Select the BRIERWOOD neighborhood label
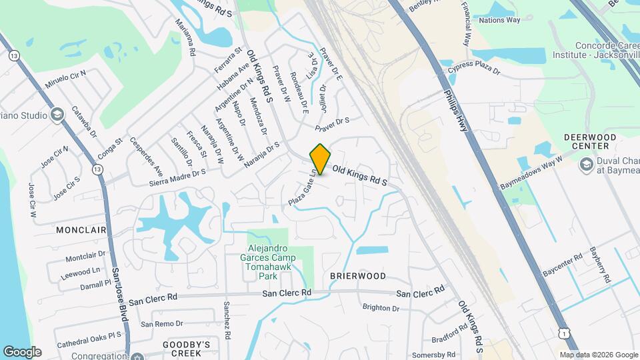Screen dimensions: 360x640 [358, 275]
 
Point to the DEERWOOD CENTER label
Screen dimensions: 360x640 [588, 141]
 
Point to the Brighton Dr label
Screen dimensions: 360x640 [381, 308]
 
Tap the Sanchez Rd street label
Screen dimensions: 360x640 [227, 319]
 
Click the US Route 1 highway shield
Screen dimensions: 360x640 [566, 333]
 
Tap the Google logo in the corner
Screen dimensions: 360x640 [22, 351]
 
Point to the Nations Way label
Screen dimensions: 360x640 [499, 20]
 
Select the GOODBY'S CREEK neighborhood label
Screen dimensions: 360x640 [187, 349]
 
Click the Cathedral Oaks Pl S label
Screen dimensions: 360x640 [89, 340]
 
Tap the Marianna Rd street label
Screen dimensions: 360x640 [185, 39]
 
